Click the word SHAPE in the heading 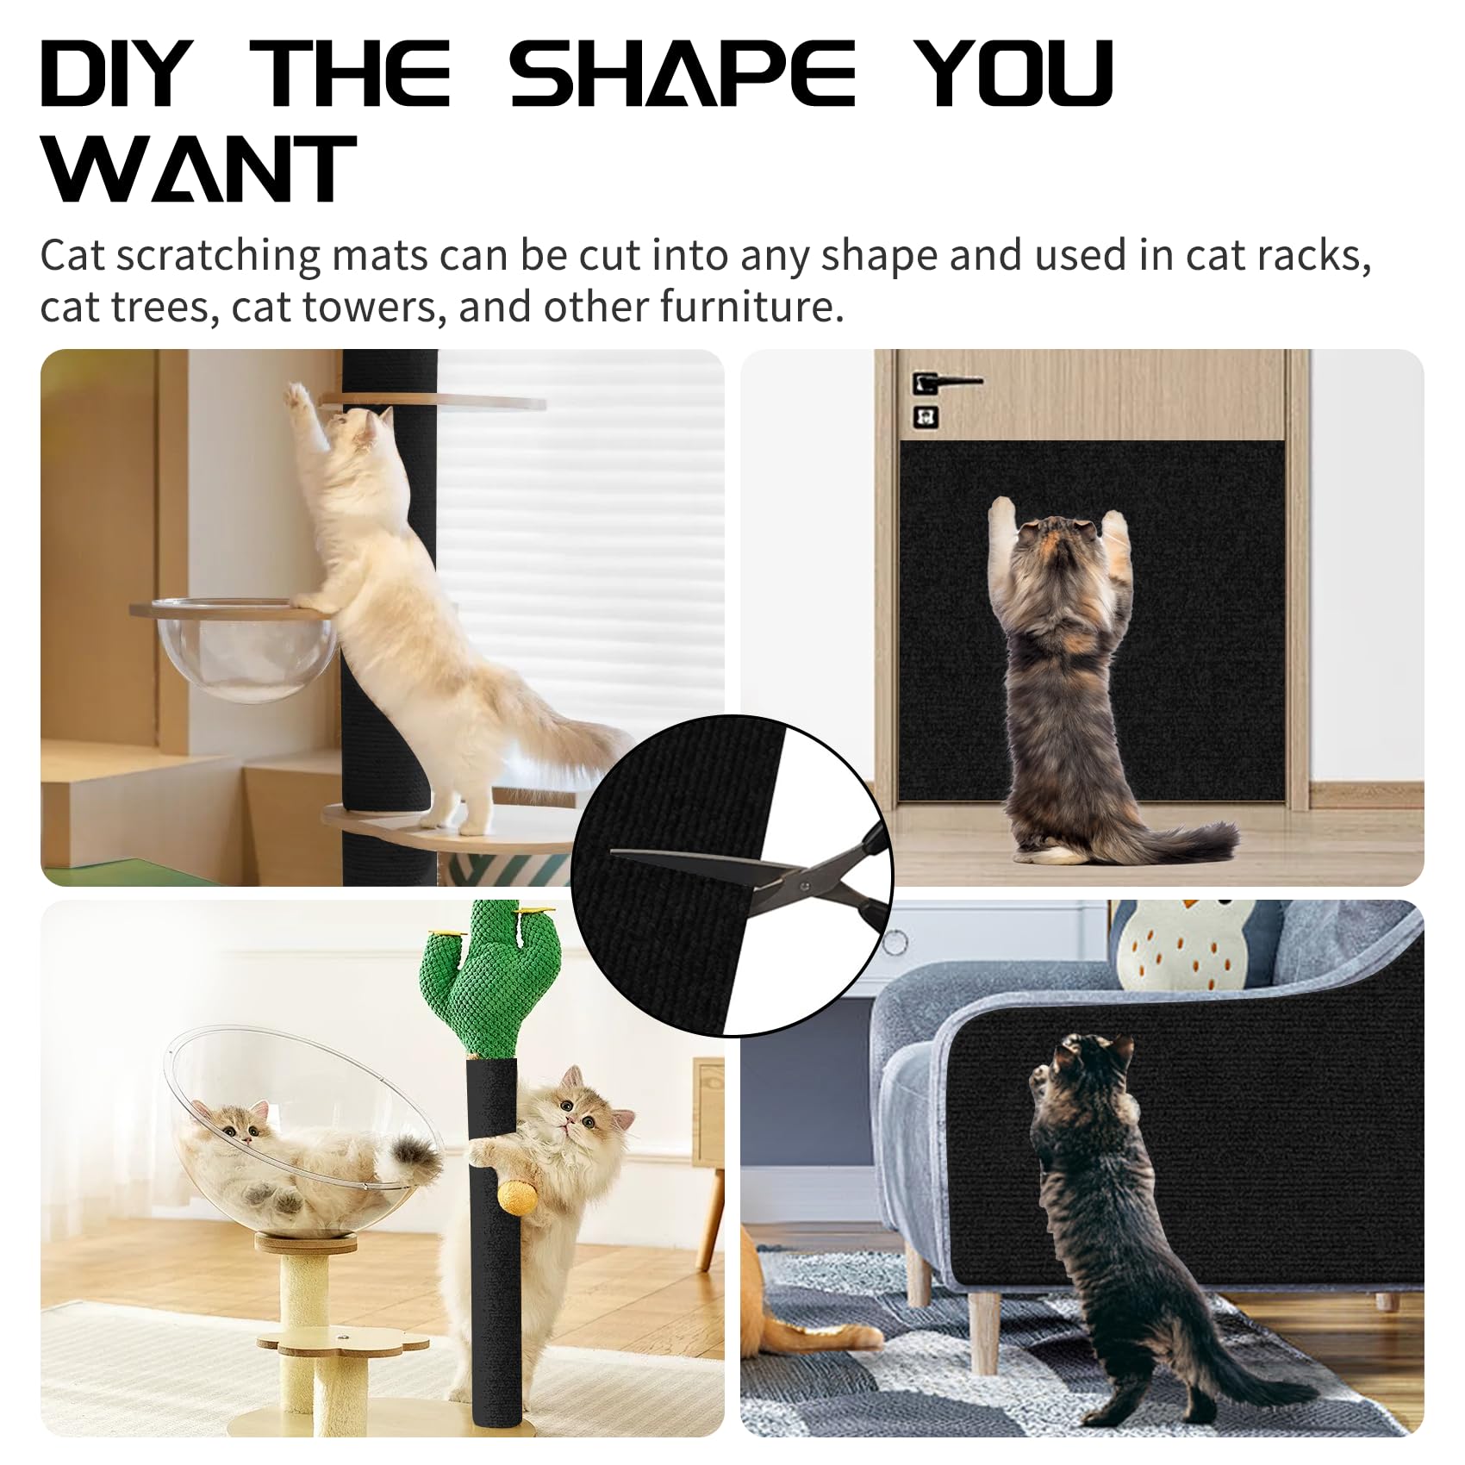683,73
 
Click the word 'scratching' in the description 218,256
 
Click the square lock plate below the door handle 926,417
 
